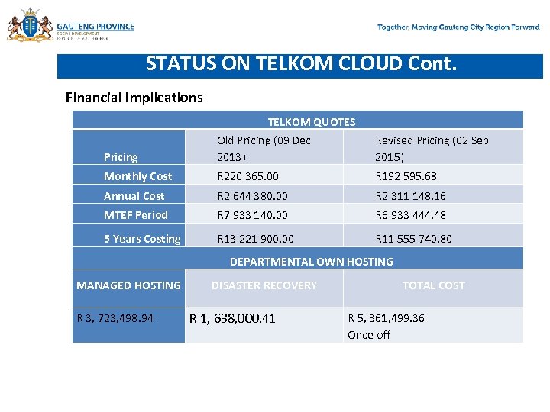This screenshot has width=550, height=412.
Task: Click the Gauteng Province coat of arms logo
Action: [x=30, y=26]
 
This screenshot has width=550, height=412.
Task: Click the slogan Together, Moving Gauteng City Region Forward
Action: [x=458, y=27]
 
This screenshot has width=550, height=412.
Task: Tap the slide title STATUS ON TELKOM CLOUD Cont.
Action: [x=301, y=63]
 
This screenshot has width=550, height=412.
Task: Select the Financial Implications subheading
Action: [x=134, y=97]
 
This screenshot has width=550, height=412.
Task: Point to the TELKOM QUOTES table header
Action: [x=311, y=121]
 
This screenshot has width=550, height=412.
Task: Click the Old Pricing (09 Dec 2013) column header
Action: [x=264, y=149]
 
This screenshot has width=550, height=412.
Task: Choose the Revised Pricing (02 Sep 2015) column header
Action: [x=432, y=149]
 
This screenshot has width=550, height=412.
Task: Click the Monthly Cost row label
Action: [x=138, y=176]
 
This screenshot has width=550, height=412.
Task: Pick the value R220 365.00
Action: [x=253, y=176]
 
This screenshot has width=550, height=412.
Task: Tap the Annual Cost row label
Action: [x=134, y=196]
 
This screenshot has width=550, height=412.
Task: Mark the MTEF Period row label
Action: [x=136, y=215]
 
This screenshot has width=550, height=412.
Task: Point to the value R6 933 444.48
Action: [x=410, y=215]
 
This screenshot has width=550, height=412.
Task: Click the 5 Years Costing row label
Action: [x=142, y=239]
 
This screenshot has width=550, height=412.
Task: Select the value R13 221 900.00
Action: [x=255, y=239]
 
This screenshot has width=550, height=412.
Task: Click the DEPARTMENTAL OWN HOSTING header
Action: [x=311, y=262]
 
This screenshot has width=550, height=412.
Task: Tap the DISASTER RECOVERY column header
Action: [x=264, y=285]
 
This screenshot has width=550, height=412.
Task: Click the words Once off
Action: [x=369, y=335]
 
